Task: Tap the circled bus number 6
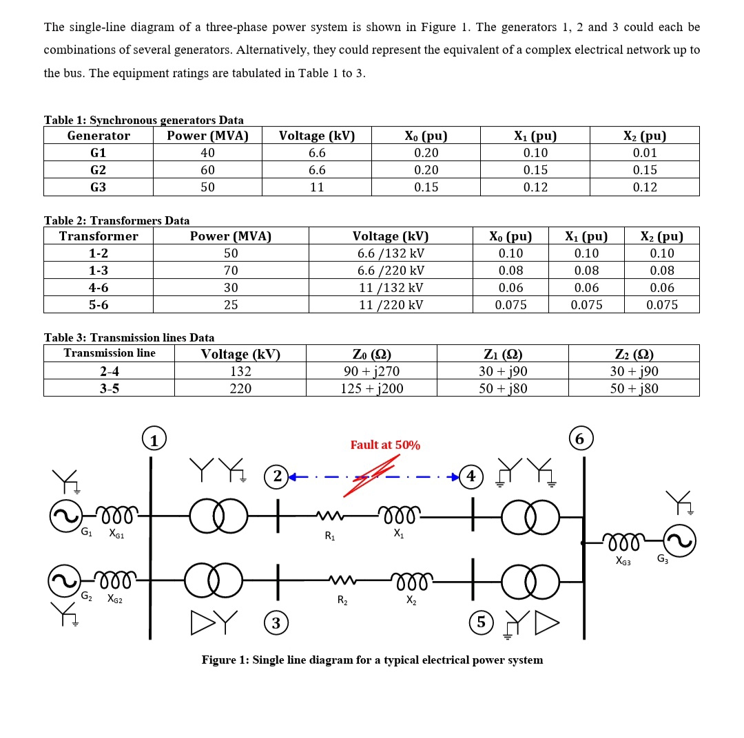pyautogui.click(x=580, y=439)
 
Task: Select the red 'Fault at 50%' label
pyautogui.click(x=385, y=445)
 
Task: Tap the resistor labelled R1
pyautogui.click(x=329, y=516)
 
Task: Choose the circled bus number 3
pyautogui.click(x=276, y=624)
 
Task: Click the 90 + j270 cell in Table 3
pyautogui.click(x=371, y=371)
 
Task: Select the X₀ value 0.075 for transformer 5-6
pyautogui.click(x=510, y=305)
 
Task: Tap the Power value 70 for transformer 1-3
pyautogui.click(x=230, y=271)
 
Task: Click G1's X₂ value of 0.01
pyautogui.click(x=644, y=153)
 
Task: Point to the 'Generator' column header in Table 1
pyautogui.click(x=99, y=136)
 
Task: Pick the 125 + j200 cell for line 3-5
pyautogui.click(x=371, y=388)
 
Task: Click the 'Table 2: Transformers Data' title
pyautogui.click(x=116, y=220)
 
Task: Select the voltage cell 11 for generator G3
pyautogui.click(x=316, y=187)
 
